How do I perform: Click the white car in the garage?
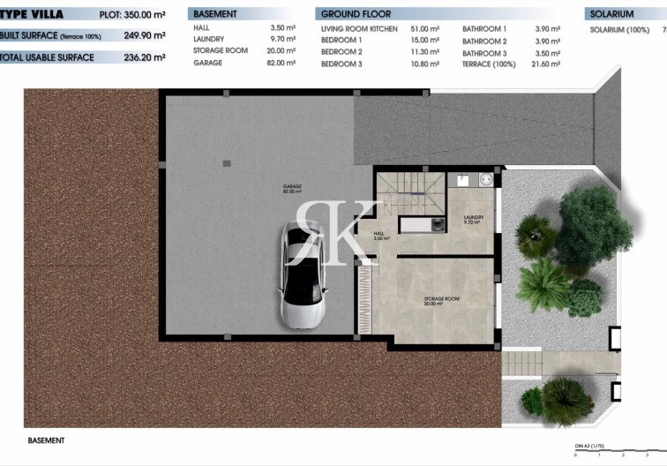pyautogui.click(x=303, y=275)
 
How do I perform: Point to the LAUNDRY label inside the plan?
pyautogui.click(x=473, y=219)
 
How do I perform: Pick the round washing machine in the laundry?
pyautogui.click(x=484, y=179)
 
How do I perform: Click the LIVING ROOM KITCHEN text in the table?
pyautogui.click(x=359, y=29)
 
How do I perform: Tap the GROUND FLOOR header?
pyautogui.click(x=356, y=14)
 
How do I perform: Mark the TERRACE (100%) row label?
pyautogui.click(x=491, y=64)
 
